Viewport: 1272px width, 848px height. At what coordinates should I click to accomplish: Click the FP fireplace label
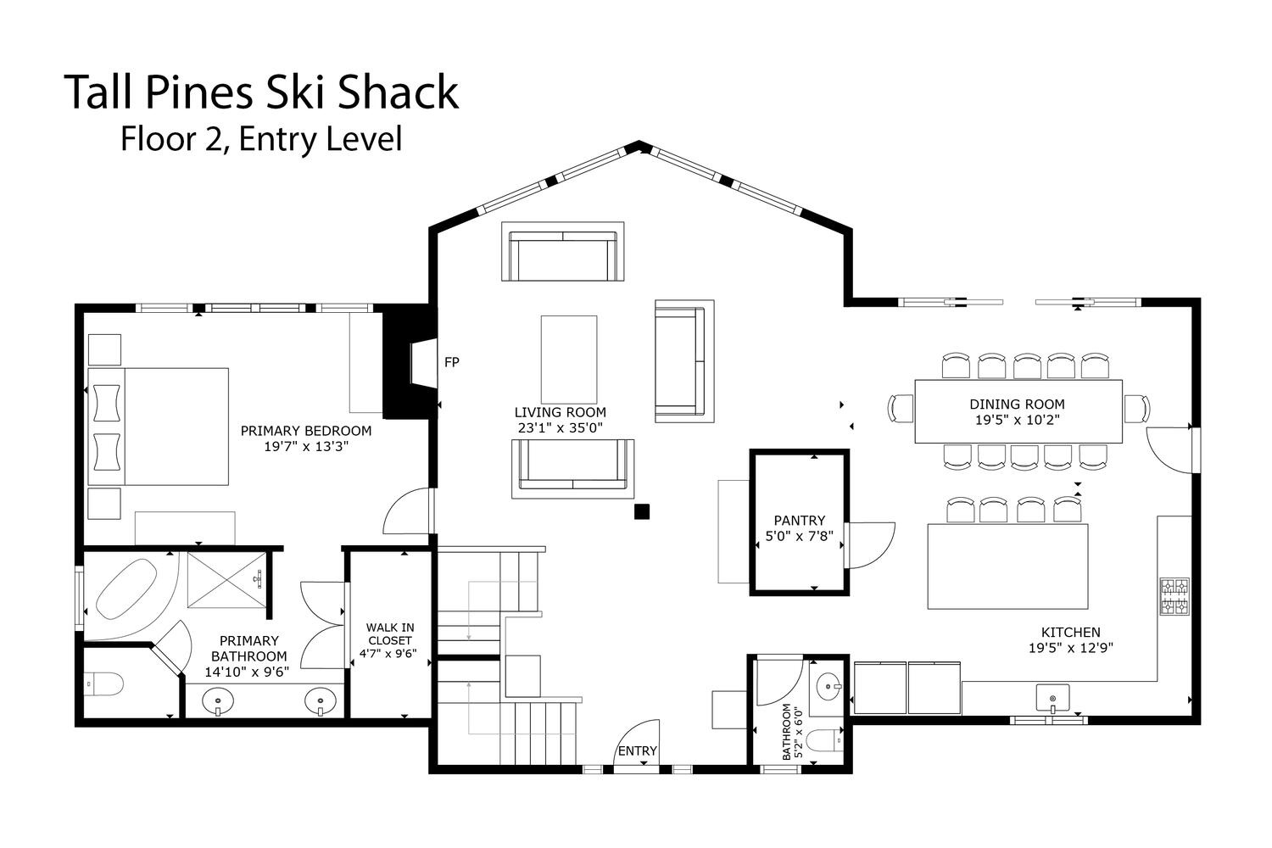point(451,362)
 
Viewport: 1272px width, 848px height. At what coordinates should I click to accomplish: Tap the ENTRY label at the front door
point(637,750)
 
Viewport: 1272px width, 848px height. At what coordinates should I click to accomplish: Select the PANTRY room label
point(799,521)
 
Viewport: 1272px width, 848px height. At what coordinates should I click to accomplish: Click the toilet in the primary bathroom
point(104,683)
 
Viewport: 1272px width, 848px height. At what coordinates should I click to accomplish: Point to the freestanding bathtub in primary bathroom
point(126,589)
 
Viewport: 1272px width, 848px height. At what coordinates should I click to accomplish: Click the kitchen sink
point(1052,698)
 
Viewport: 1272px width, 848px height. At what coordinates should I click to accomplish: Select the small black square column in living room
point(642,511)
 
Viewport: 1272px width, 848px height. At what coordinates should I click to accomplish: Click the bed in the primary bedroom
point(158,427)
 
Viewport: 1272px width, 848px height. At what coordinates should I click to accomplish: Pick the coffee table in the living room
point(569,360)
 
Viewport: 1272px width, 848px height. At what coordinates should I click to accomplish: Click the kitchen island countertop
point(1008,566)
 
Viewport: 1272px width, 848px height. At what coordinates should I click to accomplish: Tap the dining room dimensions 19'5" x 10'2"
point(1018,421)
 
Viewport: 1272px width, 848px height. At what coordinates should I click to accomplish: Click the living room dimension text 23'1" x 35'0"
point(560,427)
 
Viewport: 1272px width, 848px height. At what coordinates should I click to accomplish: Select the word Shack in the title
point(398,92)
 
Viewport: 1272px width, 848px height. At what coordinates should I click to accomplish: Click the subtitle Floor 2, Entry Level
point(261,139)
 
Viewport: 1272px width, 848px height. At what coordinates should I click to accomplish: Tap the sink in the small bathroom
point(828,687)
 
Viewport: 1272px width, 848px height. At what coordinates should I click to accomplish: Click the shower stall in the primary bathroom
point(226,579)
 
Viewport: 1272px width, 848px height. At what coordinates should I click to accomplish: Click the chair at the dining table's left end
point(901,409)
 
